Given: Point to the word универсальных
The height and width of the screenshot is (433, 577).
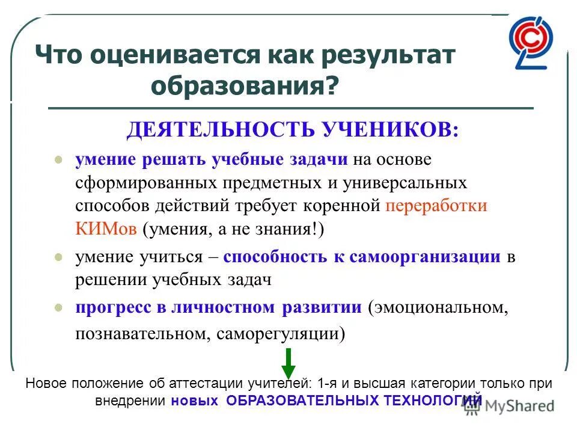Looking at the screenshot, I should click(x=408, y=182).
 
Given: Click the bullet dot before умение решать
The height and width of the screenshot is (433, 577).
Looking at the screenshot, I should click(x=58, y=161).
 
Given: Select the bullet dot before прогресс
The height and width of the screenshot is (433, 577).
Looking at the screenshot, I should click(x=58, y=308).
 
